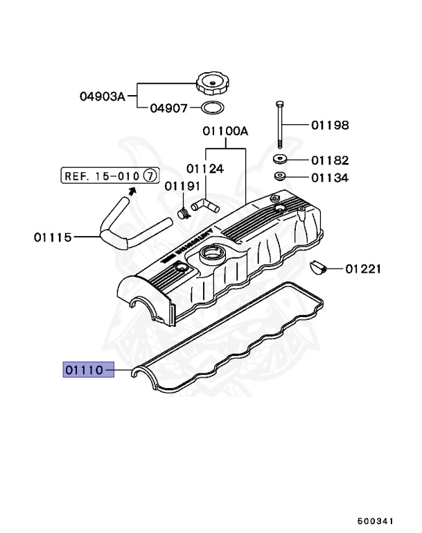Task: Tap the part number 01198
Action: tap(329, 126)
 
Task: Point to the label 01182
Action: tap(329, 160)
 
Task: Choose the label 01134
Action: tap(329, 178)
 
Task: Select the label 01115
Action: tap(53, 237)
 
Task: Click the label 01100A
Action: tap(225, 130)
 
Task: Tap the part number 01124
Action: tap(204, 167)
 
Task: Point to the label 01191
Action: tap(182, 185)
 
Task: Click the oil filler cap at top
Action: tap(211, 84)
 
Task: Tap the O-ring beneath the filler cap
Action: tap(211, 108)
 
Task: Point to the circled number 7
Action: tap(149, 176)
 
